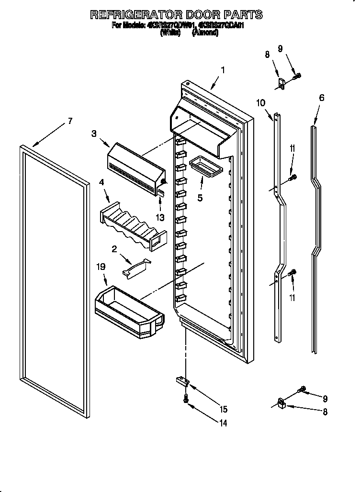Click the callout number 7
point(70,121)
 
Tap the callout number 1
point(223,70)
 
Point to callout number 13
point(160,218)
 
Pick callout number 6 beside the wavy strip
point(322,98)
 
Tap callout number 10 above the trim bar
point(261,102)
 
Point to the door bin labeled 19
point(129,311)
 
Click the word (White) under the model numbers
point(170,33)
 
